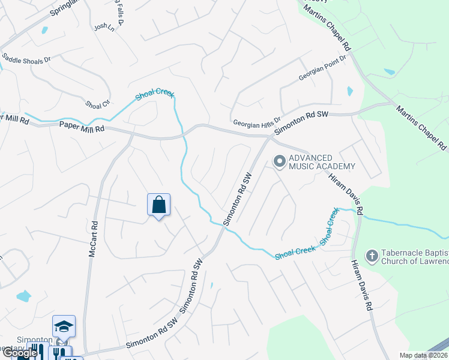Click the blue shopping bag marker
point(158,205)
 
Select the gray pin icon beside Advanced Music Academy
point(279,161)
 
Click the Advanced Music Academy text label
point(322,162)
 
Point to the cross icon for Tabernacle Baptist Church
point(372,256)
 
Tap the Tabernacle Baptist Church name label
point(415,256)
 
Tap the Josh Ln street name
point(103,27)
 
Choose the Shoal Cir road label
point(97,104)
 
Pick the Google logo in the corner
point(20,353)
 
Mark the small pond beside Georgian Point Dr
point(349,92)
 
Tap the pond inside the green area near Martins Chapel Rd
point(390,72)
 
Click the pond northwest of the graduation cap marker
point(23,295)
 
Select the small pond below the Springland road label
point(43,30)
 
